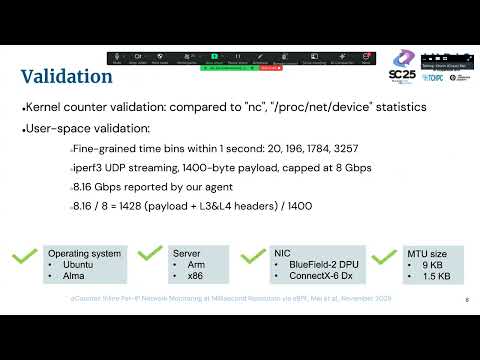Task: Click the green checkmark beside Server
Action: pyautogui.click(x=150, y=260)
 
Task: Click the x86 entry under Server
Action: pyautogui.click(x=189, y=276)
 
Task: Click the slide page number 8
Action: pyautogui.click(x=467, y=298)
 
